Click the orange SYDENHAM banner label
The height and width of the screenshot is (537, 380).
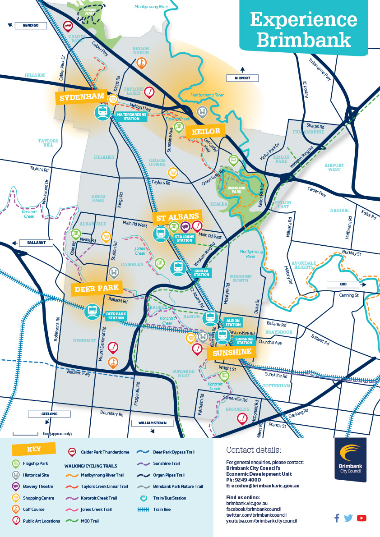tap(80, 97)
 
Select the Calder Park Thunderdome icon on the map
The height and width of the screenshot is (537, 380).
tap(68, 26)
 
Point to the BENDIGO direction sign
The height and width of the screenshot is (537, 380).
tap(31, 26)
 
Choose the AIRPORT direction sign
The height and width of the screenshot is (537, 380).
tap(242, 78)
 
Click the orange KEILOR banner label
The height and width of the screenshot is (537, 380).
tap(205, 131)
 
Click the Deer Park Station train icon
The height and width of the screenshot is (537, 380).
tap(93, 310)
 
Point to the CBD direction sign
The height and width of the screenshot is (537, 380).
tap(343, 285)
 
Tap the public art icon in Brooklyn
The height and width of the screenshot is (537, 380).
tap(243, 419)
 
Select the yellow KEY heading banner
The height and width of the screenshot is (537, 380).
tap(34, 449)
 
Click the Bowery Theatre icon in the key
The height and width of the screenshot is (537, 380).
tap(16, 487)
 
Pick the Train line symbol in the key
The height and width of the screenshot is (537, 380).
tap(143, 509)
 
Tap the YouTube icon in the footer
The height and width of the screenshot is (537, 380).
tap(361, 518)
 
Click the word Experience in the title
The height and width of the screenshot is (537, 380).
tap(303, 20)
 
